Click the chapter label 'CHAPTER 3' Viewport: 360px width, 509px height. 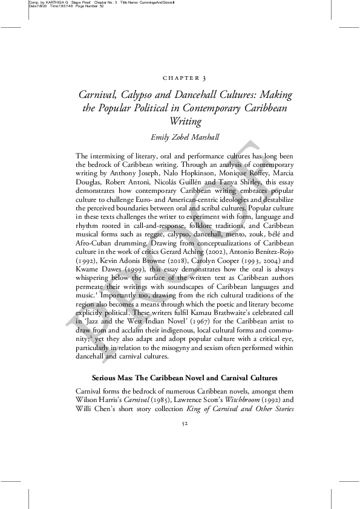[185, 79]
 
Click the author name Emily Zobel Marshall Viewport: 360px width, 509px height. [185, 136]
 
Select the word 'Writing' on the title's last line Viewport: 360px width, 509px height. [185, 120]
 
